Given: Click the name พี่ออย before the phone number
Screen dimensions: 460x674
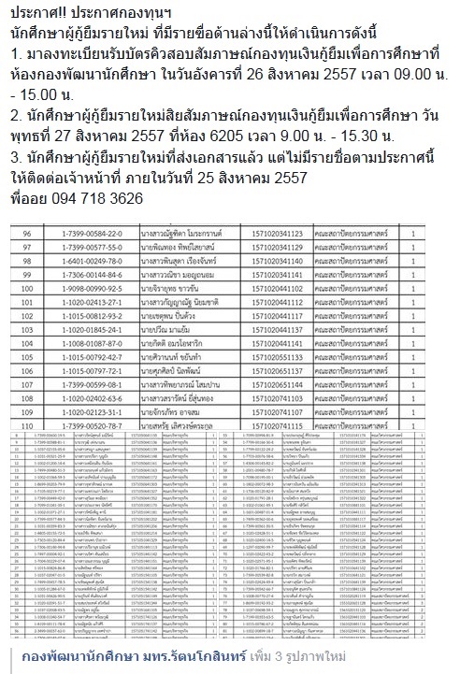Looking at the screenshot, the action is tap(22, 198).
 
